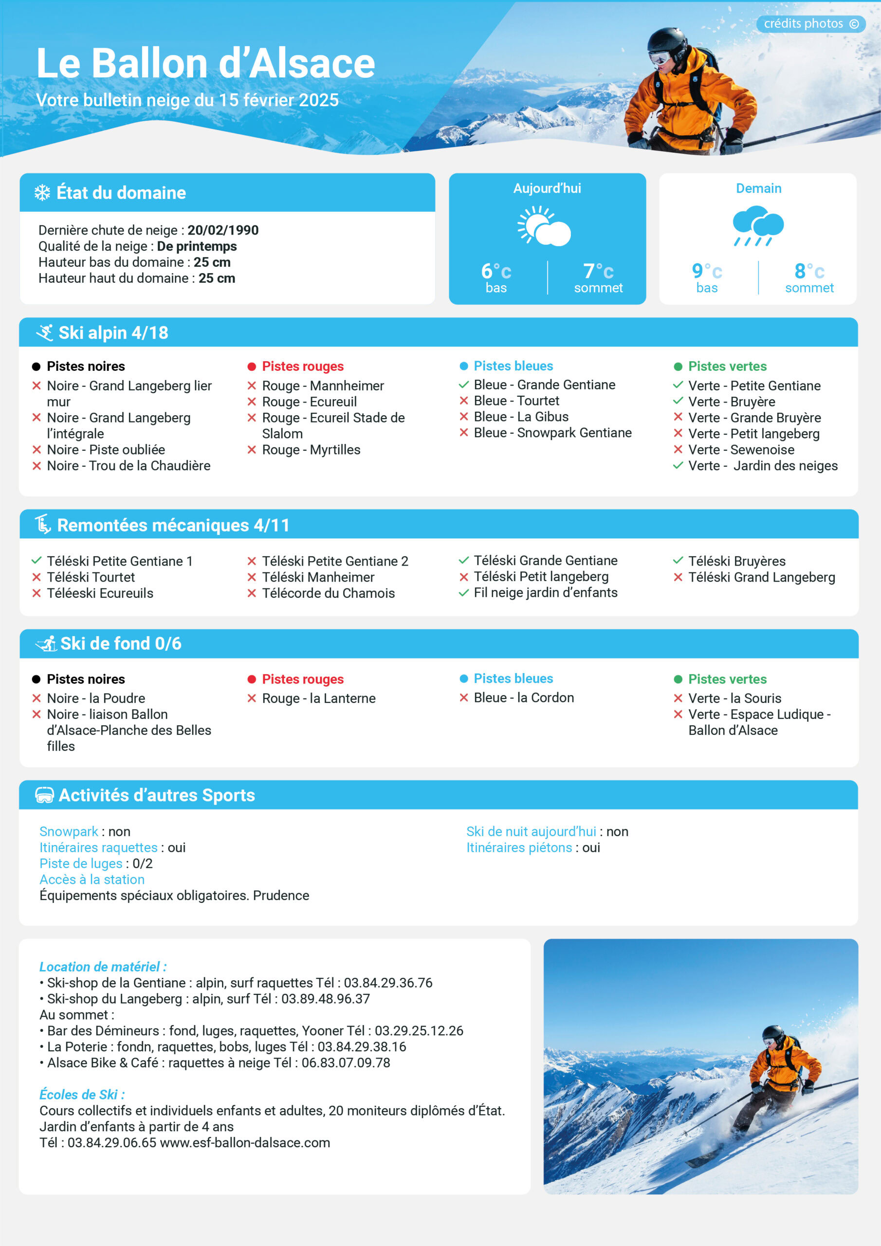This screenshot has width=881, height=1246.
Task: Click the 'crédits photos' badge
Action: [x=810, y=24]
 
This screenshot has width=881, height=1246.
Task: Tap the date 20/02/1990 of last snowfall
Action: [x=223, y=230]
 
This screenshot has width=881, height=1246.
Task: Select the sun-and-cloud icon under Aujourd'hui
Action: [x=544, y=226]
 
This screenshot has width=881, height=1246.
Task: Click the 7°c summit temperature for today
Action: [x=598, y=271]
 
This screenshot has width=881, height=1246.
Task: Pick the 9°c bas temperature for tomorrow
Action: [x=706, y=271]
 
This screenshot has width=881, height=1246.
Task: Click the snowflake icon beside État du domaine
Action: [x=42, y=193]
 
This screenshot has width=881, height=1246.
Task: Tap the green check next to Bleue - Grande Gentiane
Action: [x=463, y=385]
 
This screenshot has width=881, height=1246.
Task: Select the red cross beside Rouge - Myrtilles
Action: [x=252, y=450]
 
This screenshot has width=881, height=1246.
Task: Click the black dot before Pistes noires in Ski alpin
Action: [x=37, y=367]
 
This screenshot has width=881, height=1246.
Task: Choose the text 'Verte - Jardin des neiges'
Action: [x=763, y=466]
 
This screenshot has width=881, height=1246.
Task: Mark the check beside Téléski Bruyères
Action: [x=678, y=561]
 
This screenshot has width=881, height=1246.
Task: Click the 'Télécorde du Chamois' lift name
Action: [x=328, y=593]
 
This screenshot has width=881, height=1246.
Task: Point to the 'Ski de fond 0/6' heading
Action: [x=121, y=643]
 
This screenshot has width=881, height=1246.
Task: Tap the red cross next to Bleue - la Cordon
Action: [x=463, y=698]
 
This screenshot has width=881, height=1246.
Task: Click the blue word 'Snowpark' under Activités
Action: [x=69, y=831]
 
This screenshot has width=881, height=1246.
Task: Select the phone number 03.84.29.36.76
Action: [x=388, y=983]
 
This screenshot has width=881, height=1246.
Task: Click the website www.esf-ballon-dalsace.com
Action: [x=245, y=1142]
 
